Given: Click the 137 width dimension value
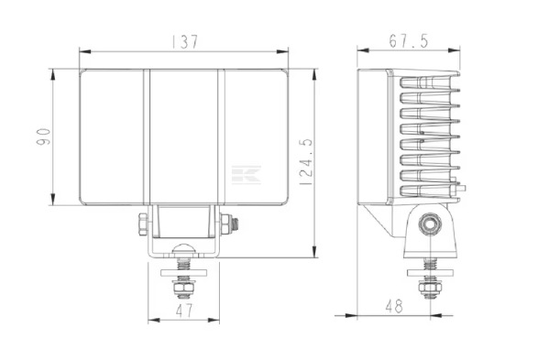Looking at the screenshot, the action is point(185,42).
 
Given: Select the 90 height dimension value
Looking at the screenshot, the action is point(44,136).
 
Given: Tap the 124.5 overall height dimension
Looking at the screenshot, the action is point(306,162).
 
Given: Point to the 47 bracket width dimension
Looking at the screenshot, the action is point(184,311).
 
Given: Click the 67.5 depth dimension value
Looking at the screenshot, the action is point(409,41).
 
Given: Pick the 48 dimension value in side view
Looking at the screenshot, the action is point(394,306).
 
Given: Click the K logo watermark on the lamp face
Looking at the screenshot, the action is point(247,175).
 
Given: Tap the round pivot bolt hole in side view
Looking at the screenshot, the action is point(430,224).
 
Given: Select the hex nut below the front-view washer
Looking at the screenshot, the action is point(183,289).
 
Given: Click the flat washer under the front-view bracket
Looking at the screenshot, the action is point(183,272).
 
